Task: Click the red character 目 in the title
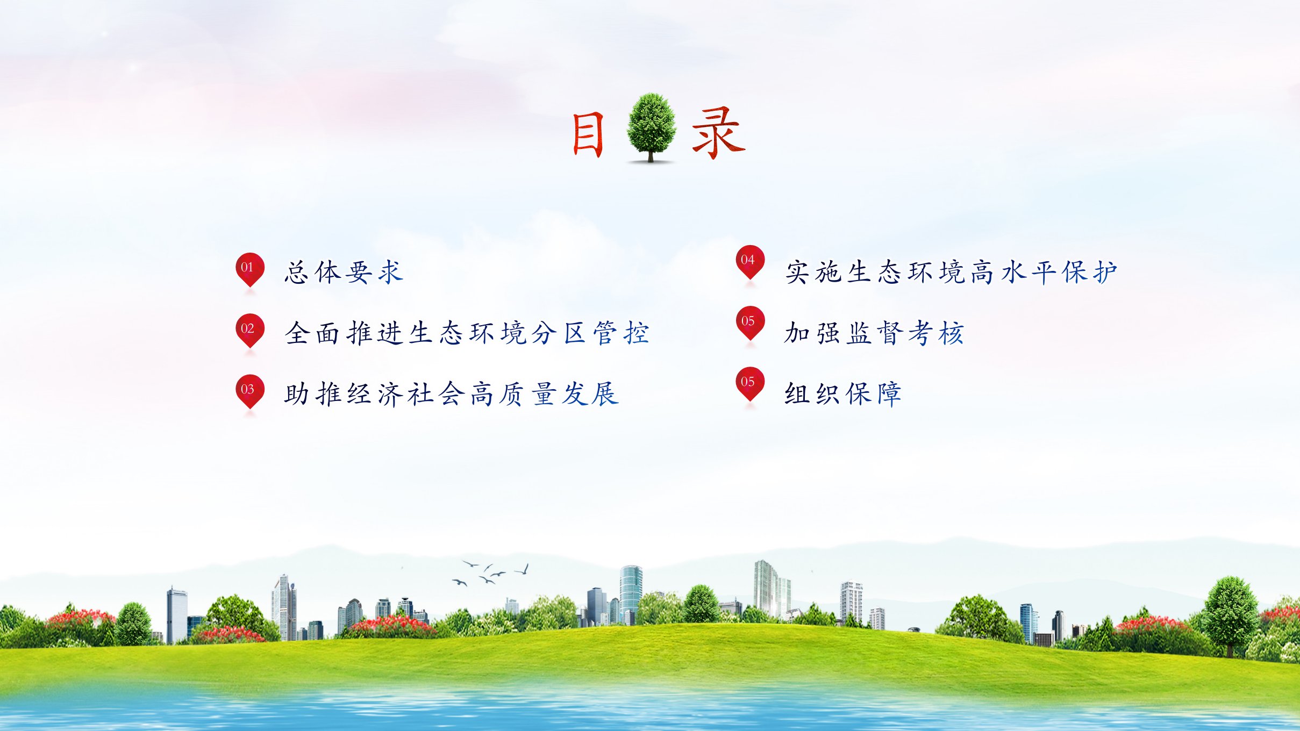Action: (588, 134)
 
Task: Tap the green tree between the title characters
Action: (651, 127)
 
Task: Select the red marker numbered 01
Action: (249, 270)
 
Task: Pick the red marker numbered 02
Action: (249, 331)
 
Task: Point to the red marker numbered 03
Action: (249, 391)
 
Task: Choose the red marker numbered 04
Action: (750, 262)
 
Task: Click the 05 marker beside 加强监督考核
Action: (750, 323)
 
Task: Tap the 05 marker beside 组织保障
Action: (750, 384)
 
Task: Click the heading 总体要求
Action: (344, 272)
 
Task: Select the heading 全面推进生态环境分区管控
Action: (467, 333)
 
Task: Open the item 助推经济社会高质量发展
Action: (452, 393)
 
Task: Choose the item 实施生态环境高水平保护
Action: (952, 272)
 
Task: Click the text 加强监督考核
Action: (874, 333)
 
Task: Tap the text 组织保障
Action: (843, 393)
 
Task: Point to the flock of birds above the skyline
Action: (490, 573)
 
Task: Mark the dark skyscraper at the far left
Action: (176, 615)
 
